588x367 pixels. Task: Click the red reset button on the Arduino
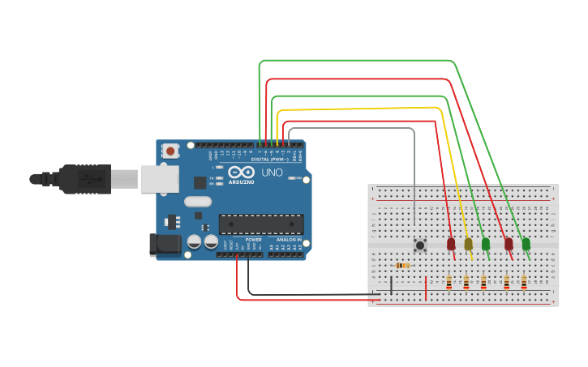click(170, 150)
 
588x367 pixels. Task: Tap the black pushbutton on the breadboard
click(420, 244)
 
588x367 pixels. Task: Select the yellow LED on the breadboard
click(468, 243)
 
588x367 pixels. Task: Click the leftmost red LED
click(451, 243)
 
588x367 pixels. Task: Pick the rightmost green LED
click(526, 243)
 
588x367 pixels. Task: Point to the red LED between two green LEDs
click(509, 243)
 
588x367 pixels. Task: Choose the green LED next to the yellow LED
click(485, 243)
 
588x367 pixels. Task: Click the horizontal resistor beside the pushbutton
click(402, 265)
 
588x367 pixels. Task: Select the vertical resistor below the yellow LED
click(466, 282)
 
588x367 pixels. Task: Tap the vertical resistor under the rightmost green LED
click(524, 282)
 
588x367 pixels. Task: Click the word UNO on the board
click(272, 173)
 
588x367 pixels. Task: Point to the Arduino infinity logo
click(241, 172)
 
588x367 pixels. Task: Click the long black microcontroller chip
click(261, 224)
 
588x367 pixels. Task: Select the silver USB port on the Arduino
click(159, 179)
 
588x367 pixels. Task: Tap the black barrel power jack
click(165, 245)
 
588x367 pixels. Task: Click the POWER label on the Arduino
click(253, 240)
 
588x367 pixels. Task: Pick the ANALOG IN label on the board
click(288, 240)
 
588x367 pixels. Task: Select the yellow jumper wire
click(365, 108)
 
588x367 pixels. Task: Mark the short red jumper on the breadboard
click(426, 288)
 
